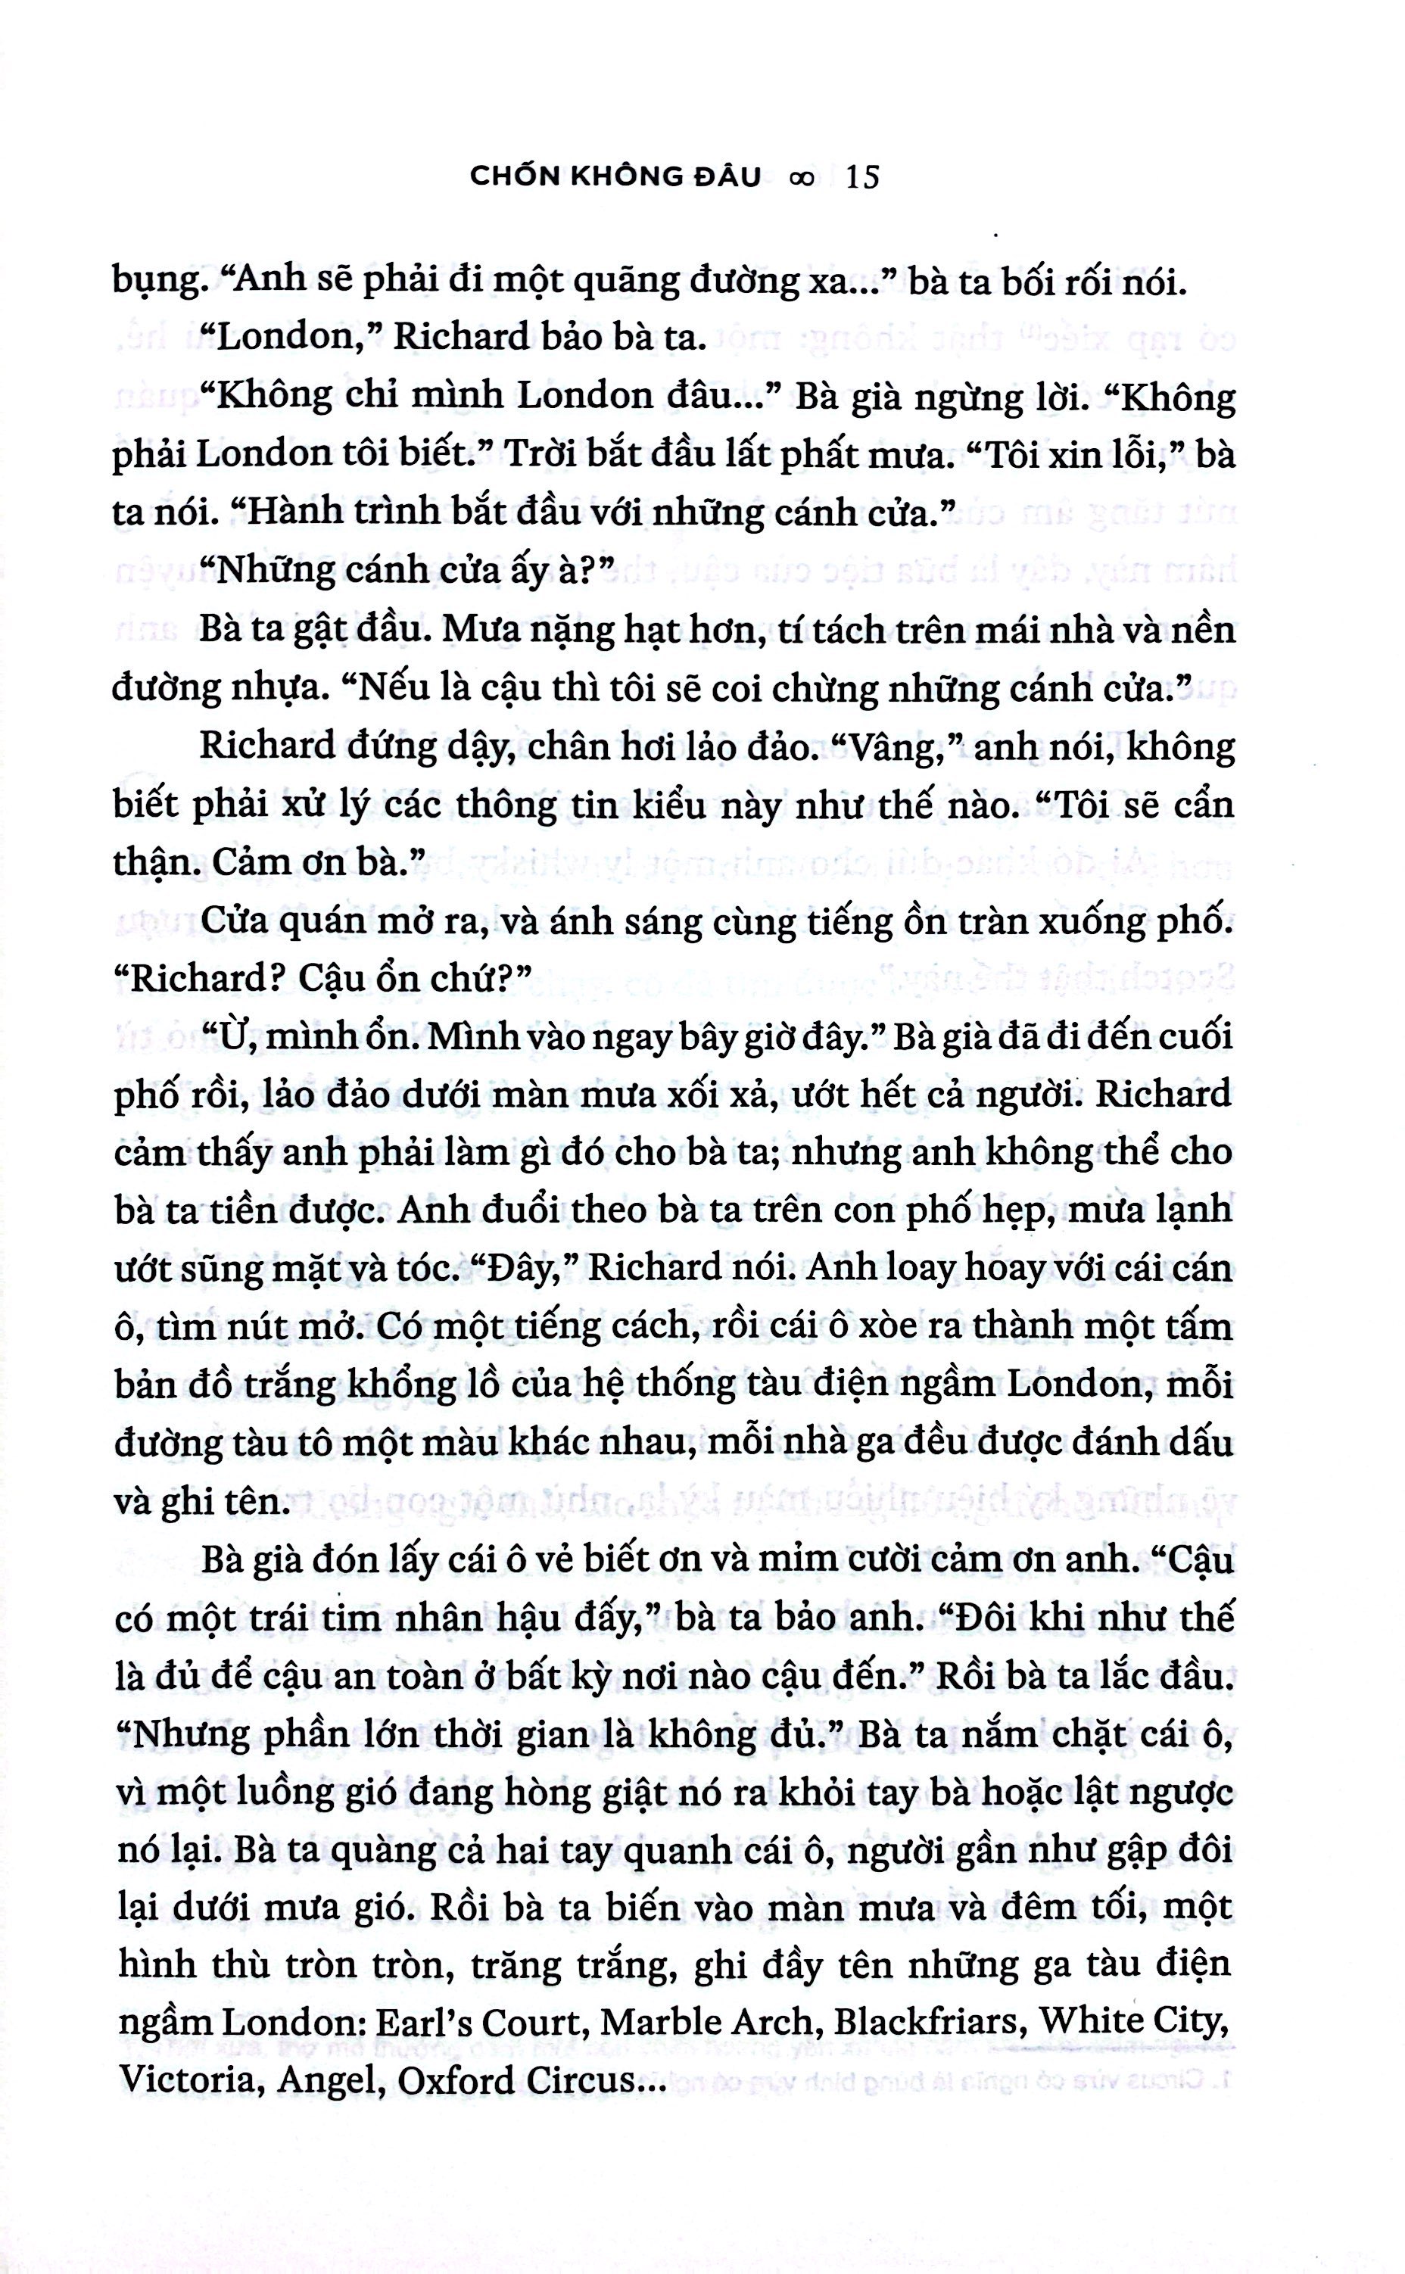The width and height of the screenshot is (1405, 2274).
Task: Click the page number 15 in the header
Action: [x=863, y=176]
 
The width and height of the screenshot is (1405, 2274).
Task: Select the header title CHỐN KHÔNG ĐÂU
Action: [x=615, y=176]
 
